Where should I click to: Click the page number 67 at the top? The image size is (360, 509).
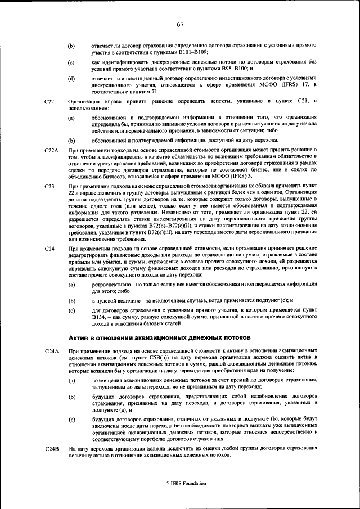coord(180,24)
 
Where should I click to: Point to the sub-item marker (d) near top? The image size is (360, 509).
coord(71,78)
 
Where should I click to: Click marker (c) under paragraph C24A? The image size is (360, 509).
coord(71,420)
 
